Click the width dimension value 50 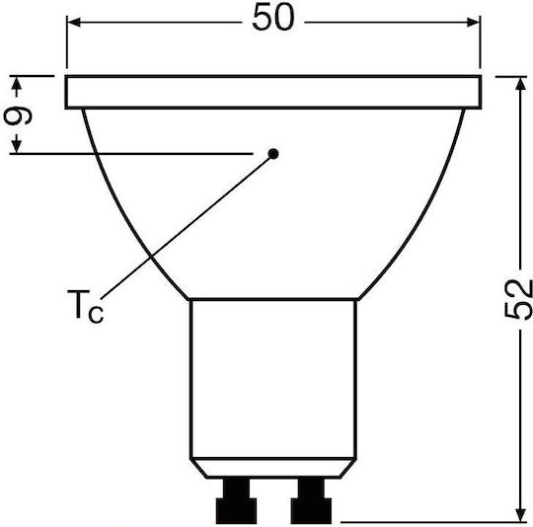click(x=273, y=17)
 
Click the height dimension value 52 click(x=519, y=299)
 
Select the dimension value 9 click(x=18, y=115)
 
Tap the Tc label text click(x=85, y=306)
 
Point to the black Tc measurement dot click(x=273, y=154)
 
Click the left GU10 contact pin click(x=236, y=500)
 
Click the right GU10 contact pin click(x=311, y=500)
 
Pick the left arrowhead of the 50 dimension click(x=74, y=23)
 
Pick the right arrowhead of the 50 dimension click(x=473, y=23)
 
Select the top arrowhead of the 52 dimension click(x=520, y=84)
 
